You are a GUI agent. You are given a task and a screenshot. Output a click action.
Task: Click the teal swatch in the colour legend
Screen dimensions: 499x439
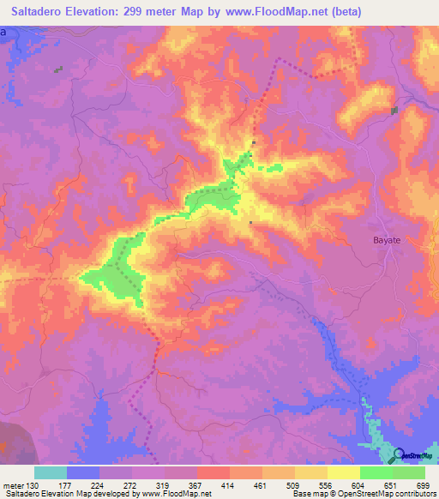coord(51,472)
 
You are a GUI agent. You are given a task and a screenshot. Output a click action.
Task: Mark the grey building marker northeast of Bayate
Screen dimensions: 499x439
coord(394,111)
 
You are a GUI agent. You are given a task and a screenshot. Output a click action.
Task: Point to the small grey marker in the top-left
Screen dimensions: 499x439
coord(58,70)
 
